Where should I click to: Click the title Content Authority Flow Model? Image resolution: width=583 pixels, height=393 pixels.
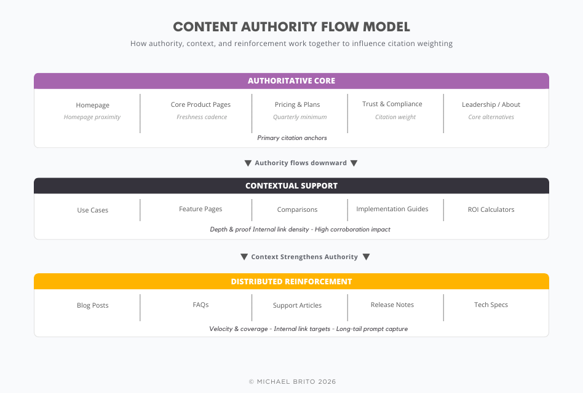pos(291,26)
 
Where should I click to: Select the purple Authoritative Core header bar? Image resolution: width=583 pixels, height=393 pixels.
pos(291,81)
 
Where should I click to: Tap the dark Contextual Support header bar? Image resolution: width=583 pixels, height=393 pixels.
pos(291,185)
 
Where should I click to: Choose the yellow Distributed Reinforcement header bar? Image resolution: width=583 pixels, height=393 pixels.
pos(291,281)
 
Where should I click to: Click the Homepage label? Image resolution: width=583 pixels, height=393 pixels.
pos(92,105)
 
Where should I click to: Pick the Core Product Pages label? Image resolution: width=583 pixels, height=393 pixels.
pos(200,104)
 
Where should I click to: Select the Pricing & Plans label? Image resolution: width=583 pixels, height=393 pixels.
pos(297,104)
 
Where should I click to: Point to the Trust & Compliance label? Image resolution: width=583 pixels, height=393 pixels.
pos(392,104)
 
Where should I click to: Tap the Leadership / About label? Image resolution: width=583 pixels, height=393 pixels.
pos(491,104)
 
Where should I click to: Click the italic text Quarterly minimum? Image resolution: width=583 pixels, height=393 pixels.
pos(299,117)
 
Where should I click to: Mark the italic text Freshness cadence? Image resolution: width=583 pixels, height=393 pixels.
pos(202,117)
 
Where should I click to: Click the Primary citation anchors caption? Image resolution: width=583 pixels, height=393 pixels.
pos(291,138)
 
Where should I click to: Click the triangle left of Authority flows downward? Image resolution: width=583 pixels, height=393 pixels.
pos(248,163)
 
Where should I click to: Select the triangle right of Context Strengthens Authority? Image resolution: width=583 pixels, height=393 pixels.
pos(366,257)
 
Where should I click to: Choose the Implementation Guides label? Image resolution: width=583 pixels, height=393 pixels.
pos(392,209)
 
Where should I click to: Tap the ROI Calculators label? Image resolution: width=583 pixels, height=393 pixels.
pos(491,209)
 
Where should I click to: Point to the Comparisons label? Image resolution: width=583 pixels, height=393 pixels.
pos(297,209)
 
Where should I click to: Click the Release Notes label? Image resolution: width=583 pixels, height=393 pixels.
pos(392,305)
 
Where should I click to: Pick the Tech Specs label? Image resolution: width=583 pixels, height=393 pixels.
pos(491,305)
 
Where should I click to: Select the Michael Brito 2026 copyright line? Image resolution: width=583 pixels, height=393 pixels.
pos(291,381)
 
